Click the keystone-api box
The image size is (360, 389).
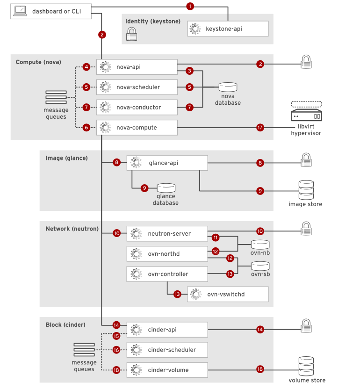(228, 29)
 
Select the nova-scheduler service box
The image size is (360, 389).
(137, 87)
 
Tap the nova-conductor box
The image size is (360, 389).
(137, 107)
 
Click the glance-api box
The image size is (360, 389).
(167, 163)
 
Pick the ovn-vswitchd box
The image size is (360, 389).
(228, 294)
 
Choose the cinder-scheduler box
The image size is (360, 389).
(167, 350)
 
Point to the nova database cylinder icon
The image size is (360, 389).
(228, 87)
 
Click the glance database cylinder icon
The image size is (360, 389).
(166, 187)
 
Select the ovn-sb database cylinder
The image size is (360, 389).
(260, 266)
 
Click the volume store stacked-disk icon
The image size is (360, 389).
(307, 367)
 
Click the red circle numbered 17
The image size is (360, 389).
(260, 127)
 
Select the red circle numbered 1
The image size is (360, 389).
(190, 7)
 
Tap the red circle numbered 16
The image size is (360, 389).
(116, 350)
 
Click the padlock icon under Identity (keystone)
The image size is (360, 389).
(132, 34)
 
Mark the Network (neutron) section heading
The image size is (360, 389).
(72, 229)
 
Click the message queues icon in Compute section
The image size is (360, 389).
(56, 97)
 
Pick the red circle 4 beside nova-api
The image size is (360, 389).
(86, 67)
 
